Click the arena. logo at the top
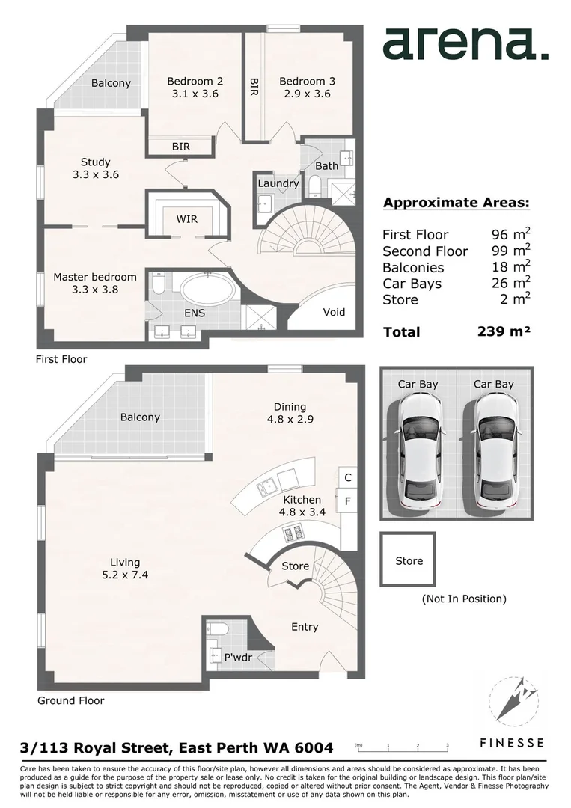465,44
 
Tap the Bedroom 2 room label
195,81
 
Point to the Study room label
95,162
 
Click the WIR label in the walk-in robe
187,219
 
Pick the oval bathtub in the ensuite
206,288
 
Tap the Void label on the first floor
334,312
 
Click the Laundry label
278,183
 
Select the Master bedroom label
85,277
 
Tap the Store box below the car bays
409,560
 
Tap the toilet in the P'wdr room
213,628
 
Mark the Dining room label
290,406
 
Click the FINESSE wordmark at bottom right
512,743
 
